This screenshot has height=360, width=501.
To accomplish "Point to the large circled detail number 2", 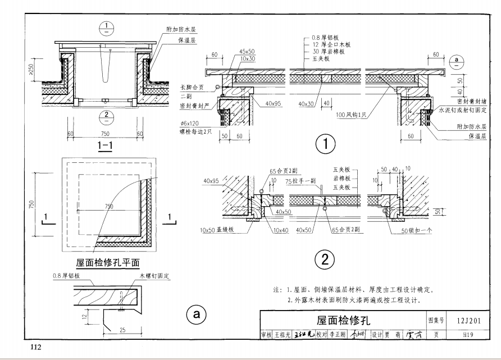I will pyautogui.click(x=325, y=259).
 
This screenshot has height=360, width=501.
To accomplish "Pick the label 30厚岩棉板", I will pyautogui.click(x=327, y=51).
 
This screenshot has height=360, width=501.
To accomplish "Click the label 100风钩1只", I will pyautogui.click(x=354, y=115).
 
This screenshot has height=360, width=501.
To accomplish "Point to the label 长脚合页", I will pyautogui.click(x=191, y=88).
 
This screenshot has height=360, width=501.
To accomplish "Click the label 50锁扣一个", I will pyautogui.click(x=416, y=230).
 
